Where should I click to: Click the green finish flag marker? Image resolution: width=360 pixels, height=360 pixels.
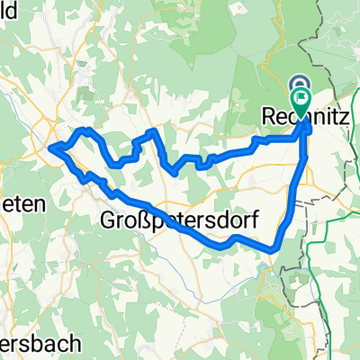click(301, 99)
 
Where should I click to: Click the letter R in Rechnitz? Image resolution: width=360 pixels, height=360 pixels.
click(266, 116)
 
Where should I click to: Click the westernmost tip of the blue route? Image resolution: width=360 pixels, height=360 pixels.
click(50, 147)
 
